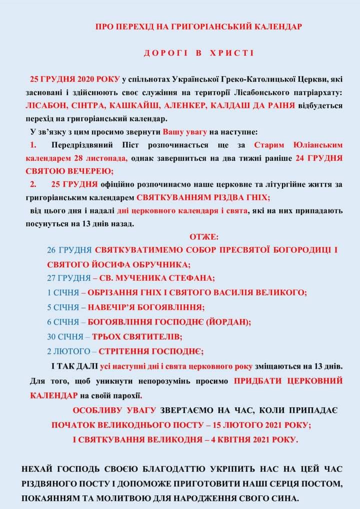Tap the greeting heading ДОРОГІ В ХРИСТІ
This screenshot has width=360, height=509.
[x=199, y=53]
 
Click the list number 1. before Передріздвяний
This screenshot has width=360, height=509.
[x=33, y=145]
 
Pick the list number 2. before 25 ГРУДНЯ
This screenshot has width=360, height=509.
[x=33, y=184]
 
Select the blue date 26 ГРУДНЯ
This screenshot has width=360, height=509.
[x=69, y=249]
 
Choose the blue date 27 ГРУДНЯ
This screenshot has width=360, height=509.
[x=69, y=278]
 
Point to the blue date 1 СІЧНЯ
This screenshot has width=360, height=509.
[x=63, y=292]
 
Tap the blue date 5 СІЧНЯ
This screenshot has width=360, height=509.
[x=63, y=307]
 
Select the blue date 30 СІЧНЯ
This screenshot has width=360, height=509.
[x=65, y=336]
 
